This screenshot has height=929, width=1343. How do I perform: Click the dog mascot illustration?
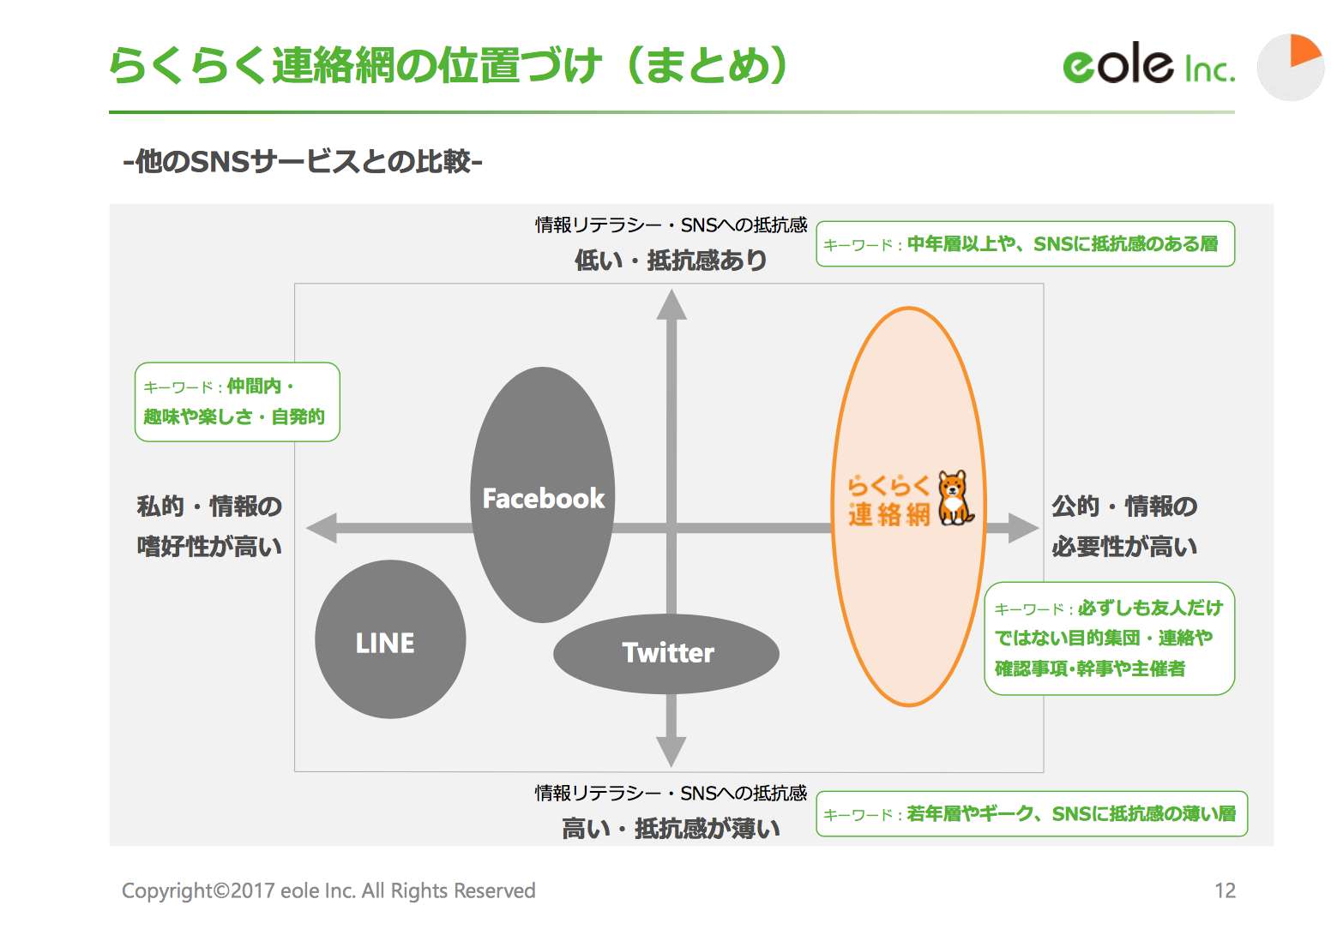(955, 498)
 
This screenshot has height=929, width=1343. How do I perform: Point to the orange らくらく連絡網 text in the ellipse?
(888, 500)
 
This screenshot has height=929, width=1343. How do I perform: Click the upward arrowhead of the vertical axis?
(671, 304)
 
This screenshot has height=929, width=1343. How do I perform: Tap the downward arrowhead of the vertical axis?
(671, 751)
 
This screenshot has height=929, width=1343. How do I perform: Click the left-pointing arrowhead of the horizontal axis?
(322, 528)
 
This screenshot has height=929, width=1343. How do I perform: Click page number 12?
(1225, 890)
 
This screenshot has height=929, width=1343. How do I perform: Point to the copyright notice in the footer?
(328, 890)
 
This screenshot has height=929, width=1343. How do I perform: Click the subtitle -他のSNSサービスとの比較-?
(303, 161)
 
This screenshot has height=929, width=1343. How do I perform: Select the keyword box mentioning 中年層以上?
(1025, 244)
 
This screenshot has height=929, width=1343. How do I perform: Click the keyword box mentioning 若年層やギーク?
(1031, 813)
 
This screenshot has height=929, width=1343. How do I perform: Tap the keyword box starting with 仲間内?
(237, 402)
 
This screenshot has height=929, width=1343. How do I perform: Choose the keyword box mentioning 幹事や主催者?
(1109, 638)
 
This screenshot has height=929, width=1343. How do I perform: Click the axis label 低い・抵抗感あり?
(671, 260)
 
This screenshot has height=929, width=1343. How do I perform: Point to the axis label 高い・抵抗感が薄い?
(671, 828)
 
